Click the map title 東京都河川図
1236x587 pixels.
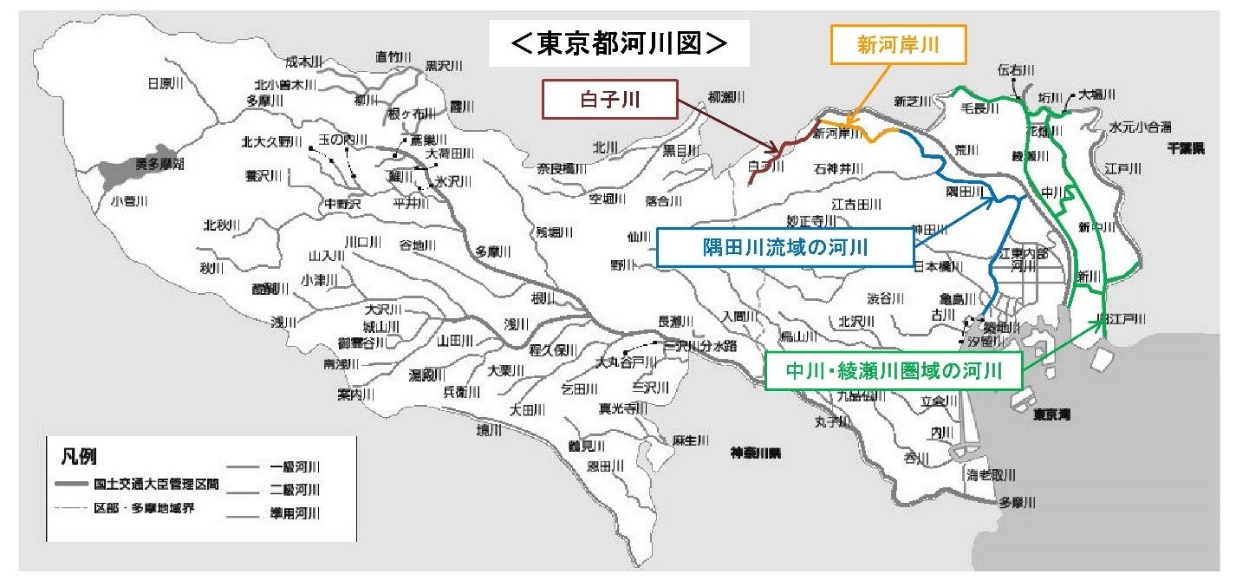click(x=619, y=44)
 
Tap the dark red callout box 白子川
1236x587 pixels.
click(x=609, y=100)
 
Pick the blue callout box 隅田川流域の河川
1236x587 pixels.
click(x=785, y=247)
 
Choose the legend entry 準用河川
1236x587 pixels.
click(x=295, y=514)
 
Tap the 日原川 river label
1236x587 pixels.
click(x=164, y=84)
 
